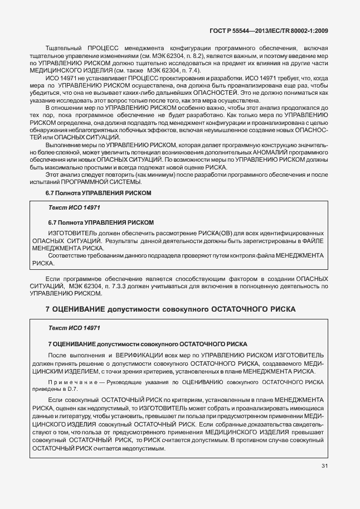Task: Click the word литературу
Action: (x=83, y=416)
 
